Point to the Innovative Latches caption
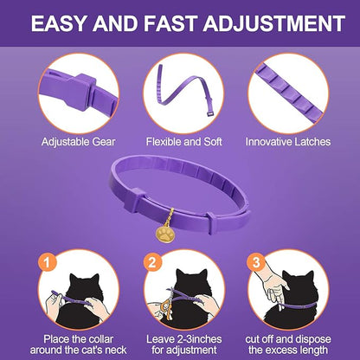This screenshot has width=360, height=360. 286,141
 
